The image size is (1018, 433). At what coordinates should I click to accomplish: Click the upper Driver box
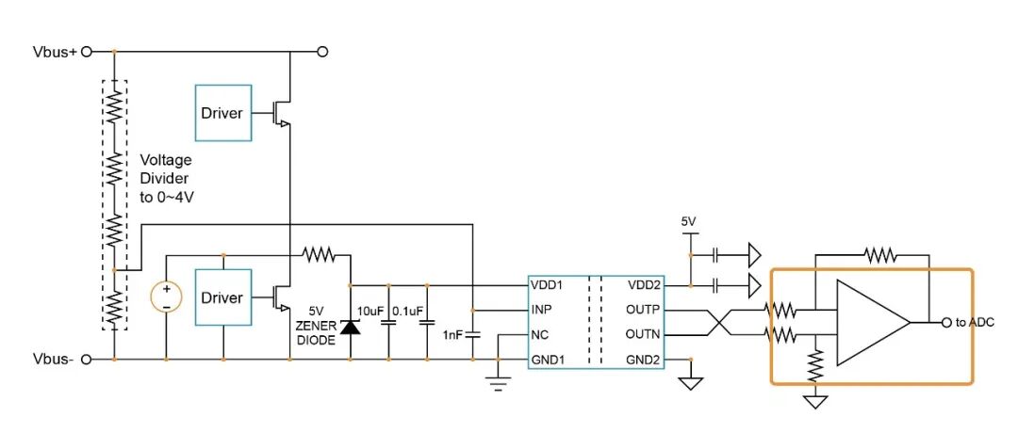pos(222,113)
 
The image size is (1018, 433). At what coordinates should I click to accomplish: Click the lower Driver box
pos(222,297)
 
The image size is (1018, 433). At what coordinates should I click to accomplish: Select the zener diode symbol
pos(351,327)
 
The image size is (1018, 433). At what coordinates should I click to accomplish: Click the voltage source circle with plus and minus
pos(166,297)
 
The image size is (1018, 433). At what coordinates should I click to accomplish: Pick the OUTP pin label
pos(643,310)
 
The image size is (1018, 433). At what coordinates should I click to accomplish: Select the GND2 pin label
pos(643,360)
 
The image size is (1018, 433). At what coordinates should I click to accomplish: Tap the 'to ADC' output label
pos(975,323)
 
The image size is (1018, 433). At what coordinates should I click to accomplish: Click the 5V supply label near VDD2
pos(688,221)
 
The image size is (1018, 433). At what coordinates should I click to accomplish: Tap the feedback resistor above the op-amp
pos(878,253)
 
